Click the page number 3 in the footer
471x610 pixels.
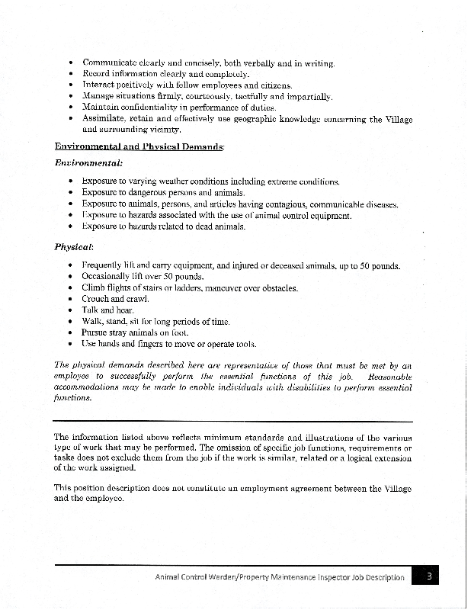coord(428,577)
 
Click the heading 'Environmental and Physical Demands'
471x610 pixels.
coord(139,146)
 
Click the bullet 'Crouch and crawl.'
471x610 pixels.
coord(115,299)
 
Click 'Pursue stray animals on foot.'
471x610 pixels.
coord(134,333)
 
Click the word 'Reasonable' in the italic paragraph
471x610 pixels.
coord(389,377)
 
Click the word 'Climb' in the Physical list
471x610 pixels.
coord(94,287)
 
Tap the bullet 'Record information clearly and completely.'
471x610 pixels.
coord(165,74)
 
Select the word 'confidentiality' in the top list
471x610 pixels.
coord(162,108)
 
